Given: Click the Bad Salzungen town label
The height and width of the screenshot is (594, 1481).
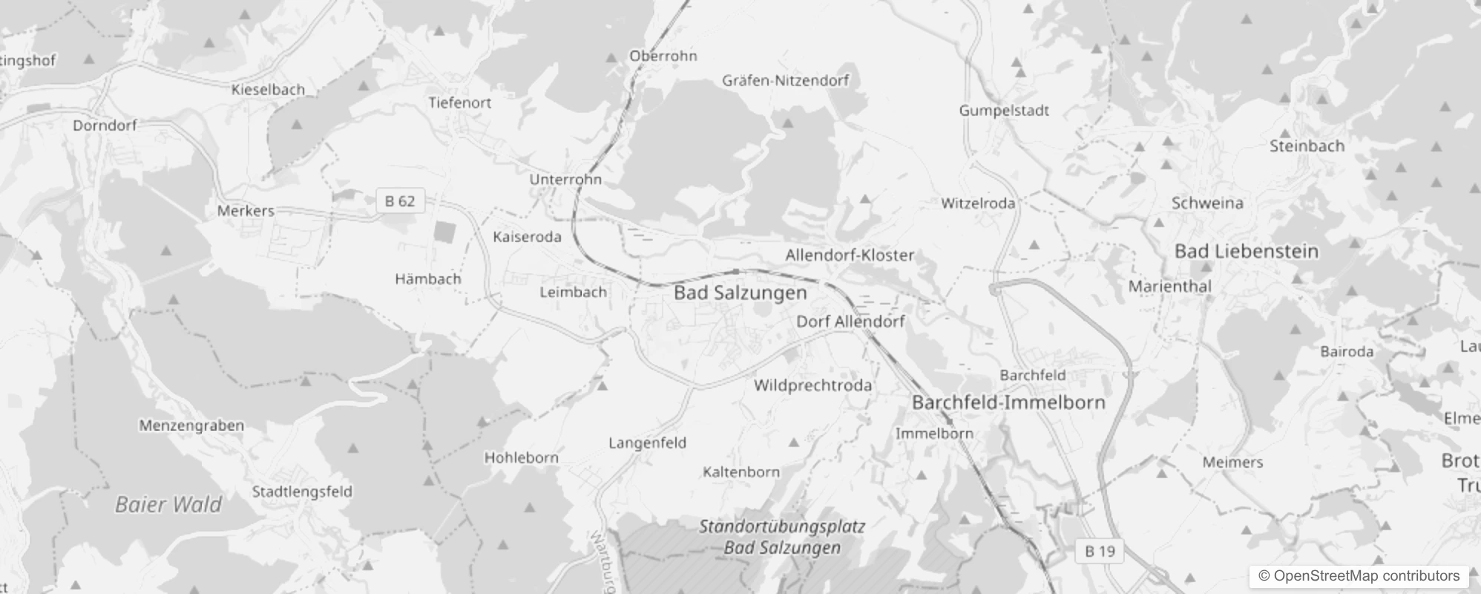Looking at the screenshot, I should pos(740,293).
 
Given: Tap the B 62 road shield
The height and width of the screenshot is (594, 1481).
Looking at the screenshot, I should pos(400,201).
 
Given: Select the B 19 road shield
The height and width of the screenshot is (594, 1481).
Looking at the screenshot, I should pos(1100,551).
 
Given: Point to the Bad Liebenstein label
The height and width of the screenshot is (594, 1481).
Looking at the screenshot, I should pos(1247,252).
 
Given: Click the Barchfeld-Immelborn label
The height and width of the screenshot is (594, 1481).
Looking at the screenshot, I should pos(1008,402).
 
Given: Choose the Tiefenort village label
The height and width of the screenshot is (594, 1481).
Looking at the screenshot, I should pos(459,103).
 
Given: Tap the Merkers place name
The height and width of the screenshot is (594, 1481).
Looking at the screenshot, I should pos(246,211).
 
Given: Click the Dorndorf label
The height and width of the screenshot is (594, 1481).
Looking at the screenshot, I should pos(105,125).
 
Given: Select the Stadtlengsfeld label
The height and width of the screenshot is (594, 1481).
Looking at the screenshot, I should pos(302,492).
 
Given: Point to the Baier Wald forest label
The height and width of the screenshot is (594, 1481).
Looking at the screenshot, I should pos(168,505).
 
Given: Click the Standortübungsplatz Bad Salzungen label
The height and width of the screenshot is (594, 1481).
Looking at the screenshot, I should pos(782,538).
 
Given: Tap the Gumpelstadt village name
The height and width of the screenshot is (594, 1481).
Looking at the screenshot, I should pos(1004,111).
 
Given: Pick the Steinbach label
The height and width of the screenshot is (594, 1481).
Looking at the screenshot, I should pos(1307,146).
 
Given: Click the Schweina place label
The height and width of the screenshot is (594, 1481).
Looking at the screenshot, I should pos(1207,203).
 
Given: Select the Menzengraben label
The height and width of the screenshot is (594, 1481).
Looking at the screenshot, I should pos(191,425).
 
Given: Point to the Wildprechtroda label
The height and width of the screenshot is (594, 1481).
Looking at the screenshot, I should pos(812,385).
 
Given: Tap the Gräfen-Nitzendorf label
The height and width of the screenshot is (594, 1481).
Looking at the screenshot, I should pos(785,80).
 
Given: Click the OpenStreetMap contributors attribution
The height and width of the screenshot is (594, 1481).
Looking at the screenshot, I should pos(1359,576).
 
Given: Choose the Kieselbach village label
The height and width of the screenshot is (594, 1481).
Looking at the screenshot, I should pos(268,90).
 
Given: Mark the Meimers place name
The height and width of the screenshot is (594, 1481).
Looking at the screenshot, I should pos(1232,463).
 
